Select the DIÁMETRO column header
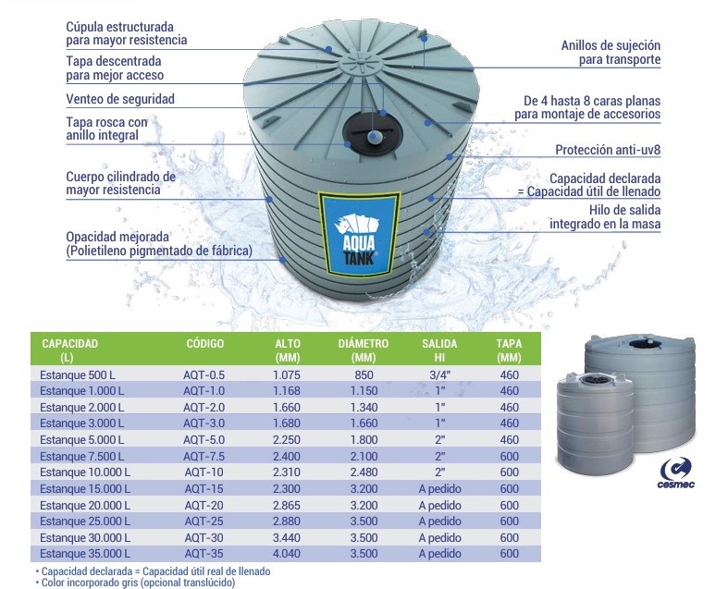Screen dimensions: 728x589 (363, 350)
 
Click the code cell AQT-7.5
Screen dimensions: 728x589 (204, 456)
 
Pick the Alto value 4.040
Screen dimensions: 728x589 (287, 554)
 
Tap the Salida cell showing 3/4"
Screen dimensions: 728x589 (439, 374)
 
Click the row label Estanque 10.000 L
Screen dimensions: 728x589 (85, 472)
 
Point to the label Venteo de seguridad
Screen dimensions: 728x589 (120, 99)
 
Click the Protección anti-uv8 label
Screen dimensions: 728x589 (608, 150)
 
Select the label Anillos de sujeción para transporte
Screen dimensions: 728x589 (611, 53)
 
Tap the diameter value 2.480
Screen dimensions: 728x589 (364, 472)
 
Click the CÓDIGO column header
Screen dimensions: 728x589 (204, 343)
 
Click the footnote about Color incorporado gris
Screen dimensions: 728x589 (136, 582)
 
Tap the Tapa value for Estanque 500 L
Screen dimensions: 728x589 (510, 374)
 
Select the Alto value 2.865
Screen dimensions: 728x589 (287, 505)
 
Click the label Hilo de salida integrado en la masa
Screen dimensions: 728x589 (605, 216)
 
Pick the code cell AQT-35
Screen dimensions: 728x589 (204, 554)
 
